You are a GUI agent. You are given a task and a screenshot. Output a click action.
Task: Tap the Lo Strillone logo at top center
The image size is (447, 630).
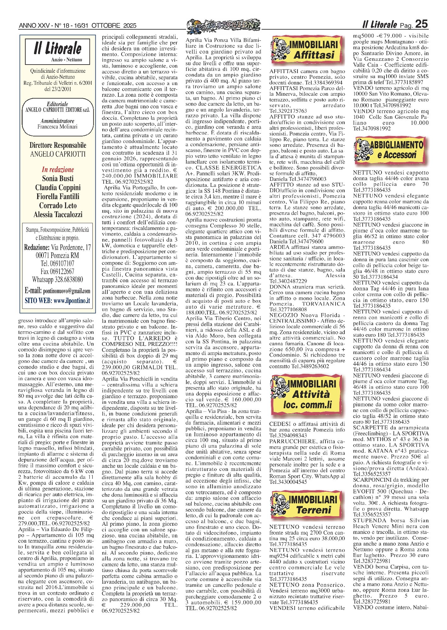click(224, 26)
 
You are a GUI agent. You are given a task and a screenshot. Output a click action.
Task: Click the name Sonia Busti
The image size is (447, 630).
click(58, 178)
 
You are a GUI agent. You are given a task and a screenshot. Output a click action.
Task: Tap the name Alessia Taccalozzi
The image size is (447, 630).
click(58, 215)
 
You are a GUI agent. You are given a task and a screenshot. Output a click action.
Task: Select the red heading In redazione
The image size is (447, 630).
click(58, 169)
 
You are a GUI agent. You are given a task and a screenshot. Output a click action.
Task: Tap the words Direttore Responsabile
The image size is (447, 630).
click(58, 145)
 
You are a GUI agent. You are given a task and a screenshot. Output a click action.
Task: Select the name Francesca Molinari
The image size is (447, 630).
click(57, 127)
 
